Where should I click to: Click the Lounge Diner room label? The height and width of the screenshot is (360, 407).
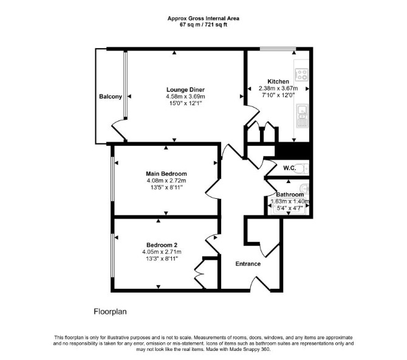(x=185, y=89)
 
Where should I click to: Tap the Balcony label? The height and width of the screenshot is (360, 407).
(x=111, y=97)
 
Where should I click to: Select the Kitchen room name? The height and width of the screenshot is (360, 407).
(x=278, y=81)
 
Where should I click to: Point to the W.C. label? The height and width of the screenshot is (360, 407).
(x=289, y=168)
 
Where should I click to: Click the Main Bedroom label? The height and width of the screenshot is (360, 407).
(x=166, y=174)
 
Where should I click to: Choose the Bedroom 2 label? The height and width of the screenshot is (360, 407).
(x=162, y=245)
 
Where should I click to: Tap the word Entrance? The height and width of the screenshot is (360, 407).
(x=248, y=264)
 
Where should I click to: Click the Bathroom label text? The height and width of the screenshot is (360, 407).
(x=290, y=195)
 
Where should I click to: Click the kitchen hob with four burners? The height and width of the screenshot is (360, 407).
(x=302, y=74)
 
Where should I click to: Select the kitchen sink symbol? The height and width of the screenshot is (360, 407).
(x=302, y=116)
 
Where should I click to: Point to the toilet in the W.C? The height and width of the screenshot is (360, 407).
(x=302, y=168)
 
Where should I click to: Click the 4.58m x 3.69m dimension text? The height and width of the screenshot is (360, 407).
(x=185, y=97)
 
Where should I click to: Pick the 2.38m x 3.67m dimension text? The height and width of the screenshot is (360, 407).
(x=278, y=88)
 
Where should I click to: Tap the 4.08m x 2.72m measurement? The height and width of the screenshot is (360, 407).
(x=166, y=181)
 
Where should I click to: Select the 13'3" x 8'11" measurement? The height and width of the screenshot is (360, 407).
(x=162, y=258)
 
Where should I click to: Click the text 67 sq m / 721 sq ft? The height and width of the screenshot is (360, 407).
(x=203, y=25)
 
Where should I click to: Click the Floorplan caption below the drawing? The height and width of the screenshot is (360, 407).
(x=110, y=311)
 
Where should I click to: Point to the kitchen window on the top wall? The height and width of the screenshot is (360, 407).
(x=278, y=49)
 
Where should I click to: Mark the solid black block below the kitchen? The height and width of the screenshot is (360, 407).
(x=293, y=151)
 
